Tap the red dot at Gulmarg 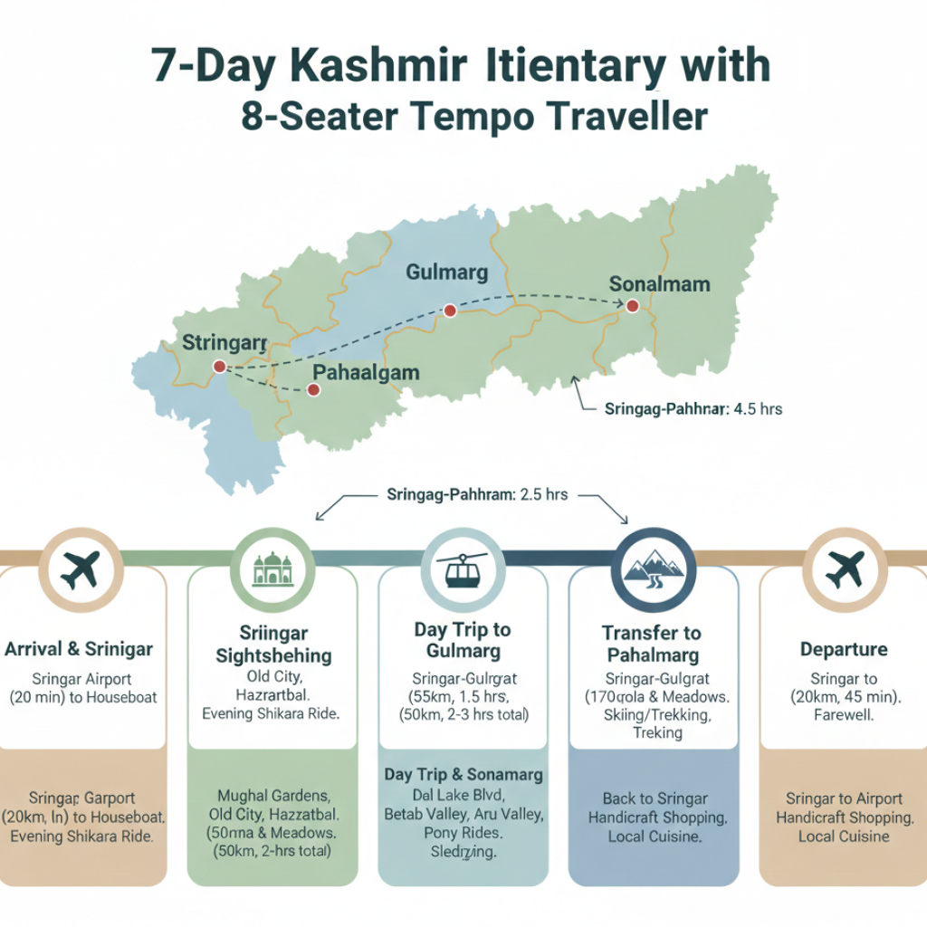click(x=449, y=311)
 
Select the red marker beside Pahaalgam click(x=313, y=390)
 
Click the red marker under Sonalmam click(x=632, y=307)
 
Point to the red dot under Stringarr click(x=218, y=366)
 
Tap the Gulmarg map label click(x=447, y=272)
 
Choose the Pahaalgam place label click(x=366, y=372)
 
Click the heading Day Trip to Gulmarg click(x=463, y=639)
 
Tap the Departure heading click(x=844, y=649)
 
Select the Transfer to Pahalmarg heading click(x=652, y=643)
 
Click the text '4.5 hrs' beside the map click(x=758, y=409)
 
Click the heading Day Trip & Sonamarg click(x=463, y=775)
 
